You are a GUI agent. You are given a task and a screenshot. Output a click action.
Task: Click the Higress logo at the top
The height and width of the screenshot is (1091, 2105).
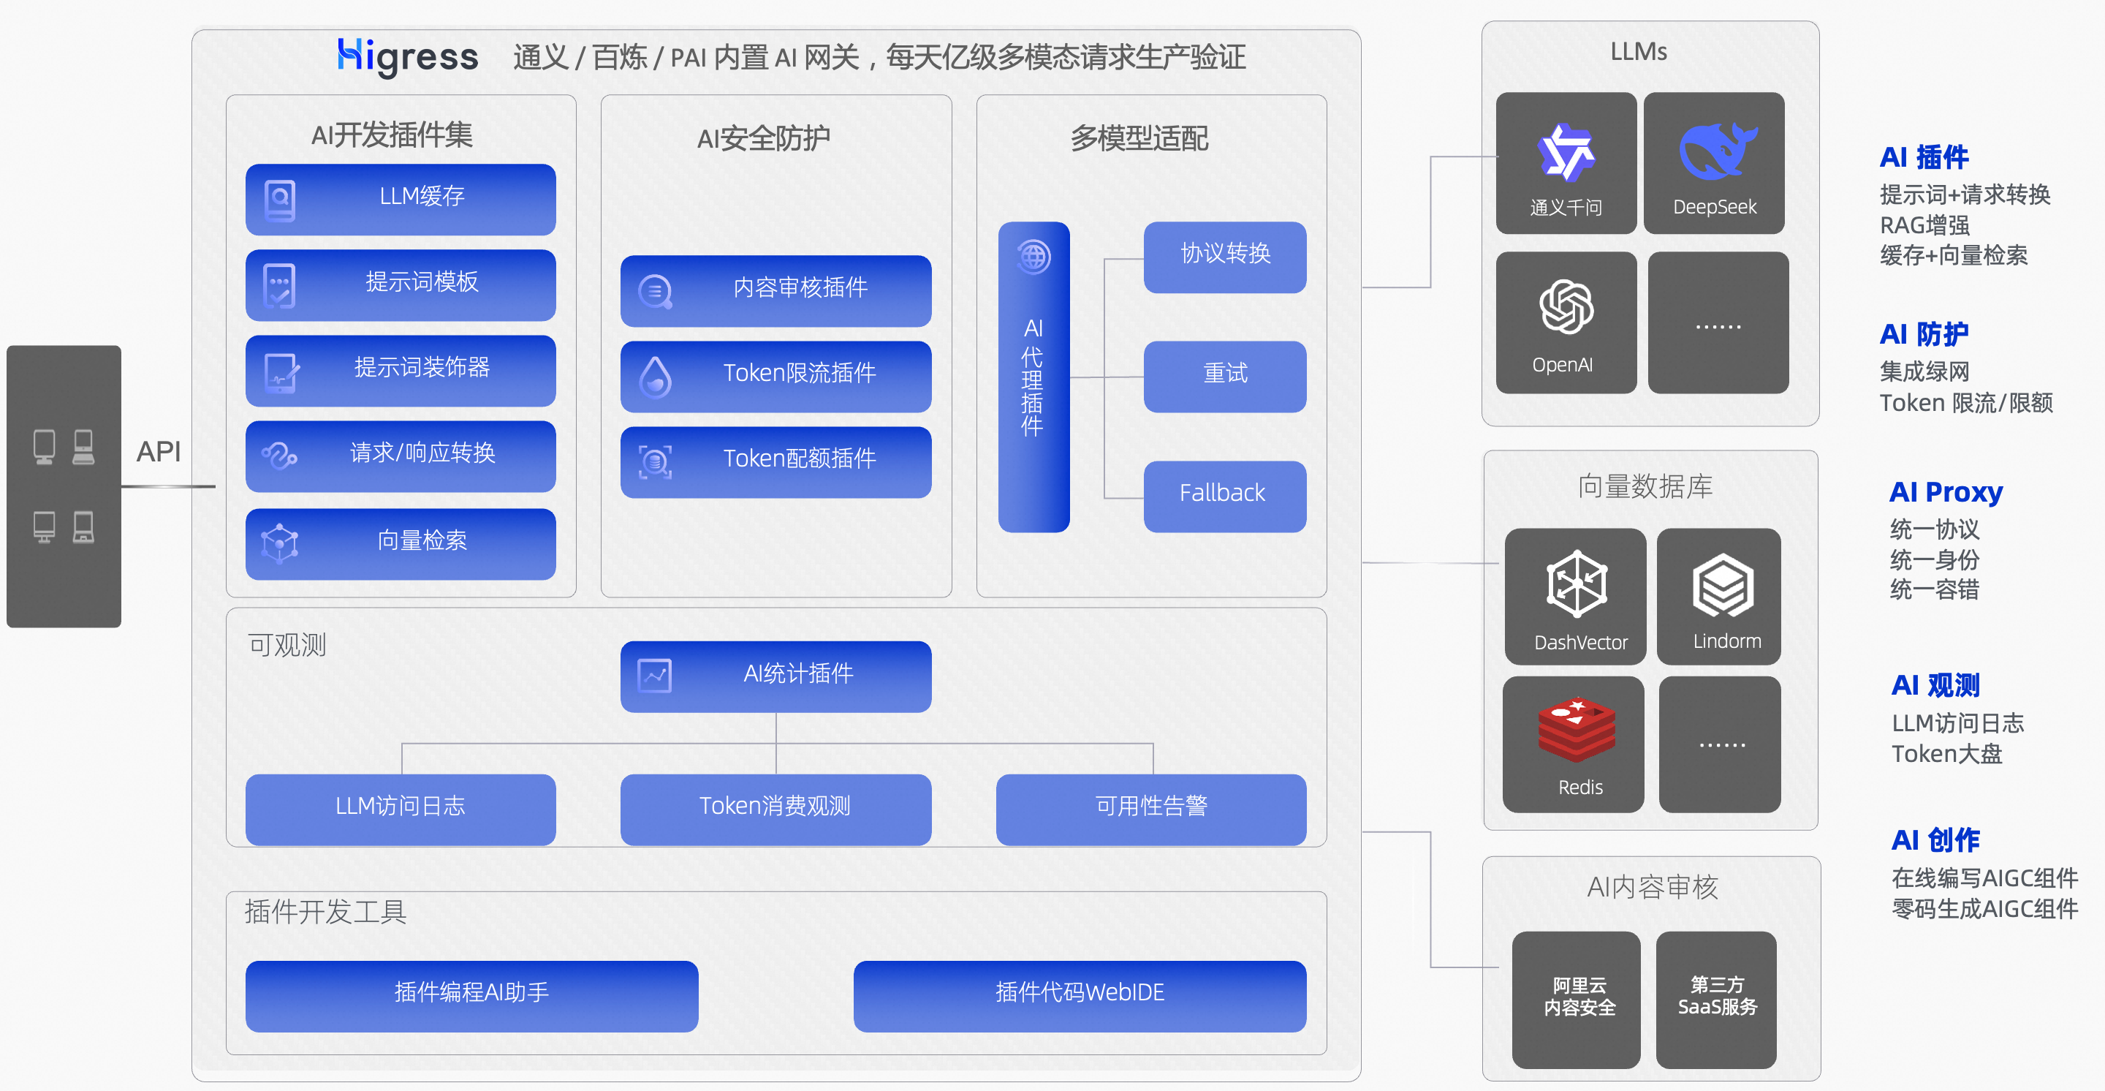point(407,56)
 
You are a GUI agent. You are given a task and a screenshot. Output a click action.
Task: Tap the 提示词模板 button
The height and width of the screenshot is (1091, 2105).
point(401,284)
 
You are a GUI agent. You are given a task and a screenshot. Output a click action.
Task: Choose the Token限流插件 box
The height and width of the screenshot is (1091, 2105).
point(775,375)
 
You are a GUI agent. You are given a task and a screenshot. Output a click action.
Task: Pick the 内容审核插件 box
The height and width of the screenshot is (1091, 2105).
point(775,290)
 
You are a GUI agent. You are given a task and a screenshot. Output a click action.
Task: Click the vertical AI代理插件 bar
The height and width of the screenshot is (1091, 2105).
point(1033,377)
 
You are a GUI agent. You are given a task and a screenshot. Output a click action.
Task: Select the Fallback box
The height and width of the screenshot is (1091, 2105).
point(1224,495)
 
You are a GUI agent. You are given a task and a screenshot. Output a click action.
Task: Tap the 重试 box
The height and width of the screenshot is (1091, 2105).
point(1224,376)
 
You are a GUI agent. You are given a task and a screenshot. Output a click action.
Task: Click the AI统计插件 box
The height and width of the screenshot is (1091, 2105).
point(775,675)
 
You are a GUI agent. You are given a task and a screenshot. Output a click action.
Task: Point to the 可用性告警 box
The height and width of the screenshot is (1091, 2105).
point(1150,808)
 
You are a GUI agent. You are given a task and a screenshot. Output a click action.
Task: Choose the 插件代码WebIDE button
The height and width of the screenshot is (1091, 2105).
point(1079,994)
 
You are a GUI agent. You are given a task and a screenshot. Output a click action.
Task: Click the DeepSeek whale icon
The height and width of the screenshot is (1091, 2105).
point(1716,151)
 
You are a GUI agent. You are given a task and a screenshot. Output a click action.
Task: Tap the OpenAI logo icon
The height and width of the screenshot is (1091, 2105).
point(1566,307)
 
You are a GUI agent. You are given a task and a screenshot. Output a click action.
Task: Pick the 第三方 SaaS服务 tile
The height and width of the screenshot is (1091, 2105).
point(1716,998)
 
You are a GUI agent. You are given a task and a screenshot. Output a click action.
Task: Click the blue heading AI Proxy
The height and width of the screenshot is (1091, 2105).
point(1945,492)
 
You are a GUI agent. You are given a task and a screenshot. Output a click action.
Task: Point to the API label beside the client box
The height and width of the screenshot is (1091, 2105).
point(159,451)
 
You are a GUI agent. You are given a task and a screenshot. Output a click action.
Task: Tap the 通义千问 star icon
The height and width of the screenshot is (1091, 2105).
point(1565,152)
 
